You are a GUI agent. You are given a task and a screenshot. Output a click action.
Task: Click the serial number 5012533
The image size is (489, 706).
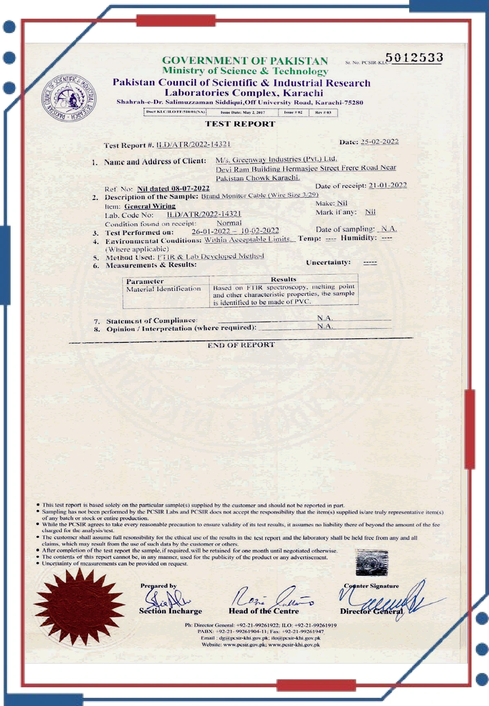[414, 58]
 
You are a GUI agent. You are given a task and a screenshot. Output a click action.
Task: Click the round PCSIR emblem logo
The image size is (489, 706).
[69, 98]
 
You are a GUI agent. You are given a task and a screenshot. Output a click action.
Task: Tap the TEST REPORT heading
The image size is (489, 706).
[240, 124]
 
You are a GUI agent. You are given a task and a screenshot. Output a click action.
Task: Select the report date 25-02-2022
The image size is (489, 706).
[379, 141]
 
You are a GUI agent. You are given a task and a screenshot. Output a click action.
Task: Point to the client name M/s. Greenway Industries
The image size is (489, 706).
[276, 159]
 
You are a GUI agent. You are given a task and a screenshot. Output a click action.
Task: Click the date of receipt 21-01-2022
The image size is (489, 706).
[388, 185]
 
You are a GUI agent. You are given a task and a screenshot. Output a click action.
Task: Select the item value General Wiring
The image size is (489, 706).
[150, 206]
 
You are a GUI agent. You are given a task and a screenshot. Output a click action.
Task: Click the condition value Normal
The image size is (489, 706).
[229, 223]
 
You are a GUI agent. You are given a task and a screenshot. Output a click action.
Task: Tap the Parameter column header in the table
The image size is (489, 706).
[145, 281]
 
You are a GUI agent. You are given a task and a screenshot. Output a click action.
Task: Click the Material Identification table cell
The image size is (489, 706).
[163, 289]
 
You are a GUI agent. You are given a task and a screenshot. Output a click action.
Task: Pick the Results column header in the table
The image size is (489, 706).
[283, 279]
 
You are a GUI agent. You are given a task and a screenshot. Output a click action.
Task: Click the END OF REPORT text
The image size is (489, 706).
[241, 345]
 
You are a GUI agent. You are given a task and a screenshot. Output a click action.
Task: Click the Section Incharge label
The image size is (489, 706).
[170, 611]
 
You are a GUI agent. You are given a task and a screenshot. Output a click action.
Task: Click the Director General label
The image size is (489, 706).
[371, 611]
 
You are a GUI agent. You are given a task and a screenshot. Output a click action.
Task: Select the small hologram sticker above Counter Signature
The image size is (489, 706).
[372, 563]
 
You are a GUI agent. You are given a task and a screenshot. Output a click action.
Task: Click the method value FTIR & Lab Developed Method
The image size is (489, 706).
[211, 256]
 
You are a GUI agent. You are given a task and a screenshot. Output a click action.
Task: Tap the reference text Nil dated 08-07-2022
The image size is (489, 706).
[173, 188]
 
